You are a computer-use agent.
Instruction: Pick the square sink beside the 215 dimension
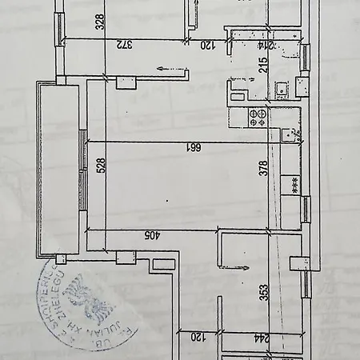(x=281, y=90)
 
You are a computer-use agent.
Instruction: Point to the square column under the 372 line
(x=126, y=82)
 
